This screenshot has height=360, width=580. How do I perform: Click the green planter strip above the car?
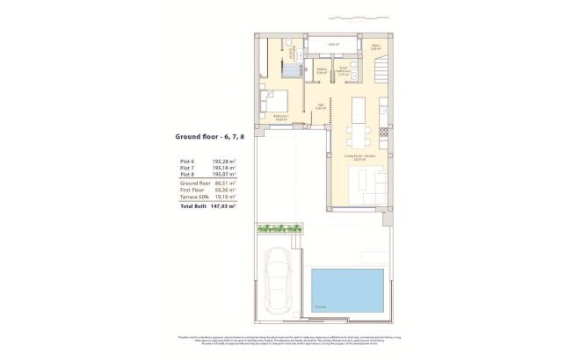[x=279, y=229]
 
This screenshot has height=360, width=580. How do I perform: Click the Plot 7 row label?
[x=185, y=168]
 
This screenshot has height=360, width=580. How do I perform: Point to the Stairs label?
[x=375, y=47]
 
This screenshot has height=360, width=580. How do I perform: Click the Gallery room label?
[x=322, y=71]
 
